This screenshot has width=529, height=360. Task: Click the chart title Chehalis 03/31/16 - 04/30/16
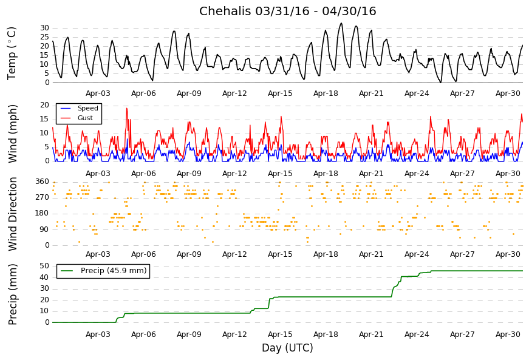287,12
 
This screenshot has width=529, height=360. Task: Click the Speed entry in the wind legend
87,109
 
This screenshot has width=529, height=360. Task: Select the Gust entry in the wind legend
85,118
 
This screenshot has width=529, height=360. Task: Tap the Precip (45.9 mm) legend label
114,271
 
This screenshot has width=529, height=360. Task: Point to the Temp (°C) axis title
12,53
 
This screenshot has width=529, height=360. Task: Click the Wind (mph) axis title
13,133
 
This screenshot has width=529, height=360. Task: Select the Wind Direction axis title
13,214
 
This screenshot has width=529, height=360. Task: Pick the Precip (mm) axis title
13,294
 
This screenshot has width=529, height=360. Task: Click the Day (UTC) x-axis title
287,348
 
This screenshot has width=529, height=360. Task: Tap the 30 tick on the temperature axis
44,28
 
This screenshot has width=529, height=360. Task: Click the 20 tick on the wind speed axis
44,105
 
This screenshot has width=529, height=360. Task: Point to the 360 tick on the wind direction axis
42,182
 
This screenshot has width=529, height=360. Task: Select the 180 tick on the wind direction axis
42,213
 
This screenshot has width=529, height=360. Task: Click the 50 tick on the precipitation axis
44,266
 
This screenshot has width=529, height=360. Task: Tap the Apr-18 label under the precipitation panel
326,335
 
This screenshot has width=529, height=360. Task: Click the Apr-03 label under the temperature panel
98,93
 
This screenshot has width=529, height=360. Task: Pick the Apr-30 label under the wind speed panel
508,174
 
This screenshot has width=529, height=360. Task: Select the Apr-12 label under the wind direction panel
234,254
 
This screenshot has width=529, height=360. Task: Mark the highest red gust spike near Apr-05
127,108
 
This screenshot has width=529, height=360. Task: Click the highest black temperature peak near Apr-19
341,24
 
